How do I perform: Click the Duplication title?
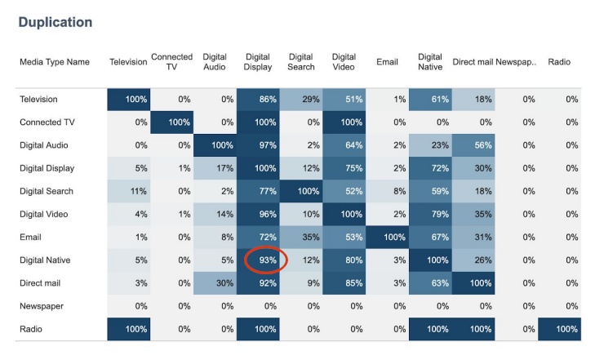[56, 22]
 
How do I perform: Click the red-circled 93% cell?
[264, 260]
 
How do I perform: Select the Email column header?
[388, 62]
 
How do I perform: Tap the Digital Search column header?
[300, 62]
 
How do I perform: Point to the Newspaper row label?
[42, 305]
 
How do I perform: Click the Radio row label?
[32, 328]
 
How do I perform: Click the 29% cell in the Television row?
[301, 99]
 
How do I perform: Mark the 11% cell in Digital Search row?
[128, 191]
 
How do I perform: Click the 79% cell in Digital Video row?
[430, 214]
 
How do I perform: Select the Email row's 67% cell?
[430, 237]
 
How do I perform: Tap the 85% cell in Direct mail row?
[344, 282]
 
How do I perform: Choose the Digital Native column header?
[430, 62]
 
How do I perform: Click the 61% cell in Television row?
[430, 99]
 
